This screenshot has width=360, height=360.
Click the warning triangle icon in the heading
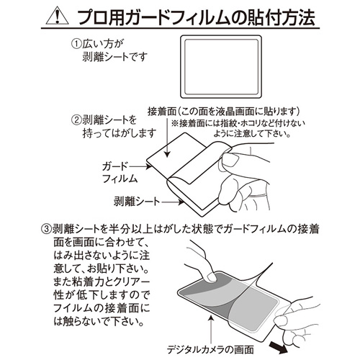[x=58, y=17]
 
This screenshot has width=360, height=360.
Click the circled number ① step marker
[x=77, y=45]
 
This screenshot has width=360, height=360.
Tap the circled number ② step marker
[x=77, y=120]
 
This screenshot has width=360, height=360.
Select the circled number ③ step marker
[x=47, y=229]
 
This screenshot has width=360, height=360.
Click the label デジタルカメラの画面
[x=210, y=350]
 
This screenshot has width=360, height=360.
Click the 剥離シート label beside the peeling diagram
[x=136, y=202]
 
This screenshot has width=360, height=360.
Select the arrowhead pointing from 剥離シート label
[x=181, y=202]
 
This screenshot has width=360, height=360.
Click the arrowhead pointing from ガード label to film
[x=149, y=166]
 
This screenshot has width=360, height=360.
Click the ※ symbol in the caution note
[x=175, y=123]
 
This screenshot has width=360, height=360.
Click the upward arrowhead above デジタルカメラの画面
[x=211, y=318]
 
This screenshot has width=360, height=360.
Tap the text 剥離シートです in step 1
[x=114, y=58]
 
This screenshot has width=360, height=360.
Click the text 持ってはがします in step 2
[x=120, y=133]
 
